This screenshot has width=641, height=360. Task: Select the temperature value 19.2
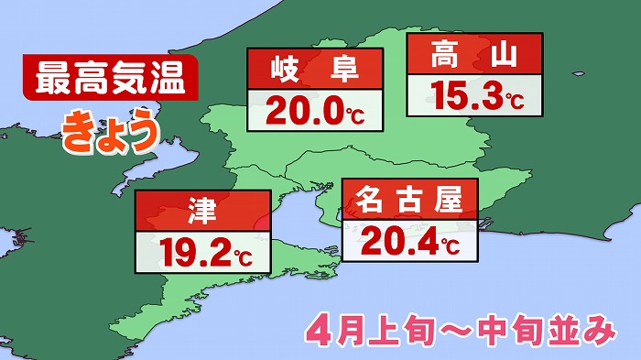click(192, 250)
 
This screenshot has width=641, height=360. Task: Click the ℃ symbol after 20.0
click(356, 116)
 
